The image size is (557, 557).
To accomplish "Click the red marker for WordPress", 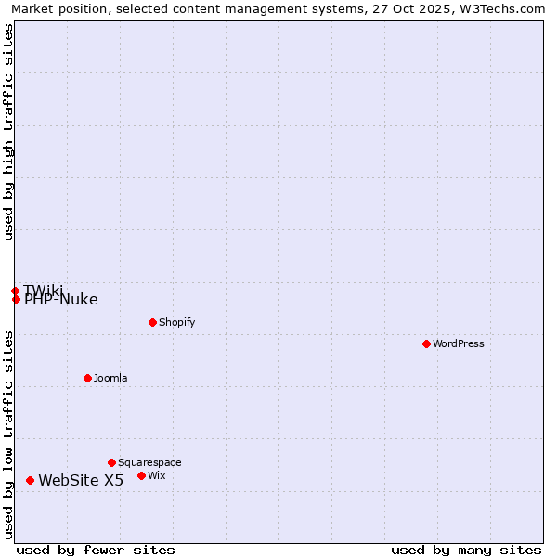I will click(426, 343).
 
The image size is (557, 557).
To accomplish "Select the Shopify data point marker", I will click(152, 322).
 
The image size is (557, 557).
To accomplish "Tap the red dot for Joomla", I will click(87, 378).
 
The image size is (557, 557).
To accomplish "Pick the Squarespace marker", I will click(111, 462).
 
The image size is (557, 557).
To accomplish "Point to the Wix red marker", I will click(141, 475).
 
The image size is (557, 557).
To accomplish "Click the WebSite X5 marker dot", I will click(30, 480).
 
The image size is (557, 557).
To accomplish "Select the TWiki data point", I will click(15, 291).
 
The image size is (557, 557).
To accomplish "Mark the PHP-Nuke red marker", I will click(16, 299).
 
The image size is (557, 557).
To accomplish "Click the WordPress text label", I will click(458, 343).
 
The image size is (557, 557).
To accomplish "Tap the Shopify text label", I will click(176, 322).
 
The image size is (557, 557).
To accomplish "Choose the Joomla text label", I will click(110, 378).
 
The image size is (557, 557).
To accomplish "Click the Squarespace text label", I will click(149, 462).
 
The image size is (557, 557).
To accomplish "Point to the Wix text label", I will click(156, 475).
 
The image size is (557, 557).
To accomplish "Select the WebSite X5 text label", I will click(81, 480).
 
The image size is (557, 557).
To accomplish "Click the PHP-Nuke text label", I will click(61, 300).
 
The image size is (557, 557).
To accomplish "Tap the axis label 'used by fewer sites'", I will click(96, 550).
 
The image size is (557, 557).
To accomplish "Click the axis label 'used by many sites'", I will click(466, 550).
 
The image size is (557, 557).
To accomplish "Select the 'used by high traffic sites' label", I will click(8, 132).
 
